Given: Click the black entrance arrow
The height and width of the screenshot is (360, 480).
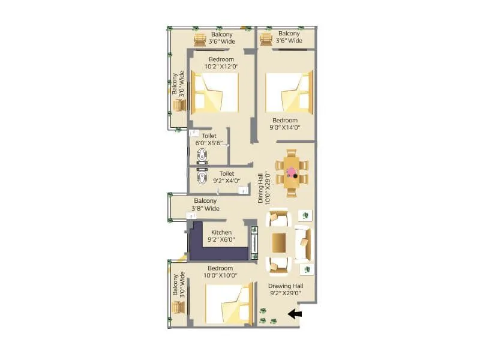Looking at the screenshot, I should tap(295, 313).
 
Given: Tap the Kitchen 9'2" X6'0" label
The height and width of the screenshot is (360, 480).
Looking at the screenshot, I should tap(221, 236).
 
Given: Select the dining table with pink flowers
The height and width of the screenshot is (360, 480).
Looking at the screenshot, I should tap(292, 173).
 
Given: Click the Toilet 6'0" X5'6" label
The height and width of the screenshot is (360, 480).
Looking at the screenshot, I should tap(209, 140).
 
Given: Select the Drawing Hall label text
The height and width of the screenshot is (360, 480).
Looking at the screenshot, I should tap(286, 290).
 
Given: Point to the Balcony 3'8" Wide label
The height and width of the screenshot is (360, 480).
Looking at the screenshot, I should tap(206, 205).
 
